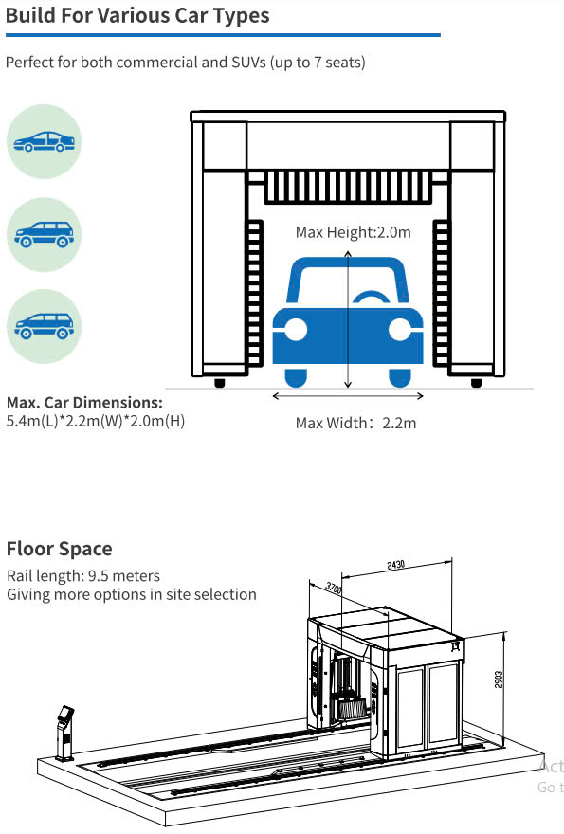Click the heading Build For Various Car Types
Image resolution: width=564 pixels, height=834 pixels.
coord(137,15)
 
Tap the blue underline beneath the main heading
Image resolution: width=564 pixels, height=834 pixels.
coord(223,35)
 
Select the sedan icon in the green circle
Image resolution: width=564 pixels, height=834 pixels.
coord(45,141)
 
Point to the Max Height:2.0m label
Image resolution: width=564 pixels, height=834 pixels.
coord(354,232)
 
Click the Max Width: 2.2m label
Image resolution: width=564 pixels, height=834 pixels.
coord(356,424)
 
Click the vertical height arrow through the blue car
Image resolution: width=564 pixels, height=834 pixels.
coord(348,319)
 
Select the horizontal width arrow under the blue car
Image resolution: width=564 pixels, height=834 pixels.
coord(348,396)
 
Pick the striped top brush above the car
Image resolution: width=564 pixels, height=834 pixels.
coord(348,187)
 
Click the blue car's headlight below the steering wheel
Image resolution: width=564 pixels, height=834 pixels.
coord(399,330)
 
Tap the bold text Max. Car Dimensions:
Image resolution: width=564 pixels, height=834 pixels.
coord(84,402)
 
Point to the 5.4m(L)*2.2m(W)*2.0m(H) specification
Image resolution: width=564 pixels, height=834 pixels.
coord(96,421)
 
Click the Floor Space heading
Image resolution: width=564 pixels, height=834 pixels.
coord(59,549)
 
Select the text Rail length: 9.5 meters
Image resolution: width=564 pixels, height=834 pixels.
coord(83,576)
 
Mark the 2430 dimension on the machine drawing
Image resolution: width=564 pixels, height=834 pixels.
coord(396,564)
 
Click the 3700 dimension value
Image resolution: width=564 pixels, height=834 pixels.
coord(334,588)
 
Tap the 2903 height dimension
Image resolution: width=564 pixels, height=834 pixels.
coord(499,680)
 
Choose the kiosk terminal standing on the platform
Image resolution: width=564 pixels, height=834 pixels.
coord(65,733)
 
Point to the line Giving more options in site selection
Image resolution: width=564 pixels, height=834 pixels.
coord(132,594)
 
